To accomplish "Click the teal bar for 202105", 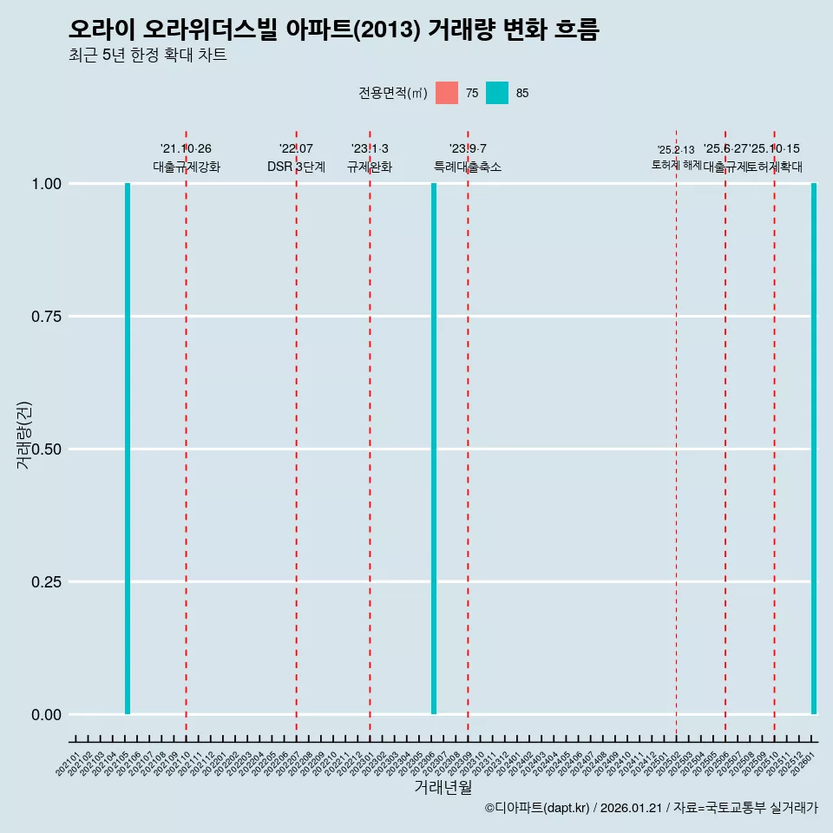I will [128, 449].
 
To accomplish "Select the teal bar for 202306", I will [434, 449].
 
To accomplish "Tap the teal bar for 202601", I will [814, 449].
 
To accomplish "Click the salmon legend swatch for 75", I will [447, 93].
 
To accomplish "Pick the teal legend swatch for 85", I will [497, 93].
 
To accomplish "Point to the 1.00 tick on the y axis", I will [46, 184].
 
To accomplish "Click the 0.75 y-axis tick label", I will [46, 317].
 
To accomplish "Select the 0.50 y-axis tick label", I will [46, 449].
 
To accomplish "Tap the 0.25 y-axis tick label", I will [46, 582].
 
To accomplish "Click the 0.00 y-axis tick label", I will [46, 715].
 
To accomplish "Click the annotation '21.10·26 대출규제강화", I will [187, 158].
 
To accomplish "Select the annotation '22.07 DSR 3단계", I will [296, 158].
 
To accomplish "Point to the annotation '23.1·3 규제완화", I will [370, 158].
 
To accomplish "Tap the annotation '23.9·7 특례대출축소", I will [468, 158].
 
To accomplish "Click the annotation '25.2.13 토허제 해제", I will [676, 157].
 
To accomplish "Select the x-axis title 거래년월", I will [443, 788].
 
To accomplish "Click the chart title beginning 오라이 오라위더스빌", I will [334, 30].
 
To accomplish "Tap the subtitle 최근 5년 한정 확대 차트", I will [148, 56].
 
